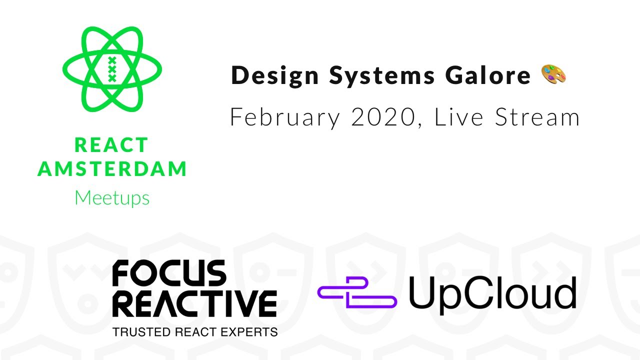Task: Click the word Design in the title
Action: [274, 75]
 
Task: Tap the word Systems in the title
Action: [382, 75]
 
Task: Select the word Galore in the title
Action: [488, 75]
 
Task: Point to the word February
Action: [285, 117]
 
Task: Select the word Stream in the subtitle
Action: [537, 116]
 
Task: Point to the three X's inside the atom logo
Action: [112, 69]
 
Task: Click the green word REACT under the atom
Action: [111, 145]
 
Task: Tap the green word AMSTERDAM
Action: [112, 168]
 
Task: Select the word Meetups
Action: [112, 197]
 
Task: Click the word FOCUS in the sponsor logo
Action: [169, 273]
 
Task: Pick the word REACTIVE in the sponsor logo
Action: [194, 303]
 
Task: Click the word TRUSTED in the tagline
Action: [141, 332]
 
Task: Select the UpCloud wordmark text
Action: [492, 294]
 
